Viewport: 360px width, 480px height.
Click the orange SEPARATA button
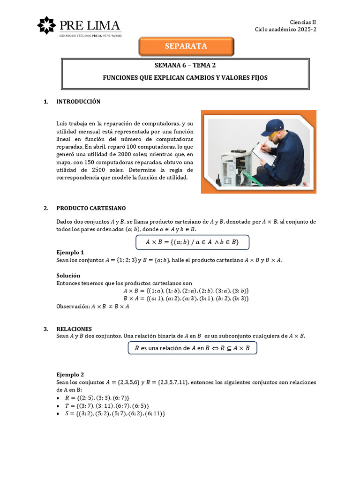(186, 46)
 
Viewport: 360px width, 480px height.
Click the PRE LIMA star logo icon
(46, 25)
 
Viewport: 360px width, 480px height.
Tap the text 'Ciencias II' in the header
(303, 22)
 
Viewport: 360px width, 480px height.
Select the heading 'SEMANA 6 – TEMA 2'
(185, 66)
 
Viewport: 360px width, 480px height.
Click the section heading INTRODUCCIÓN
(78, 102)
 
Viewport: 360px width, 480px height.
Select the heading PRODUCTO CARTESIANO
(91, 208)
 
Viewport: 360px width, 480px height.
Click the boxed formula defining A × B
(192, 242)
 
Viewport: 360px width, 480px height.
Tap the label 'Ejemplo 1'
(70, 252)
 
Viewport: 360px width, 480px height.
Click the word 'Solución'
(68, 276)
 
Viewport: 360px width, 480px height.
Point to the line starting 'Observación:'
(93, 307)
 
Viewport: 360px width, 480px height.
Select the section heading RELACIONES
(74, 329)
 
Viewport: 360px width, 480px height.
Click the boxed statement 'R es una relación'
(192, 348)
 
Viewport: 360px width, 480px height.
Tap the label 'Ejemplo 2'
(70, 375)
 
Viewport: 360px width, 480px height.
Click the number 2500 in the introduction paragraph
(101, 170)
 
